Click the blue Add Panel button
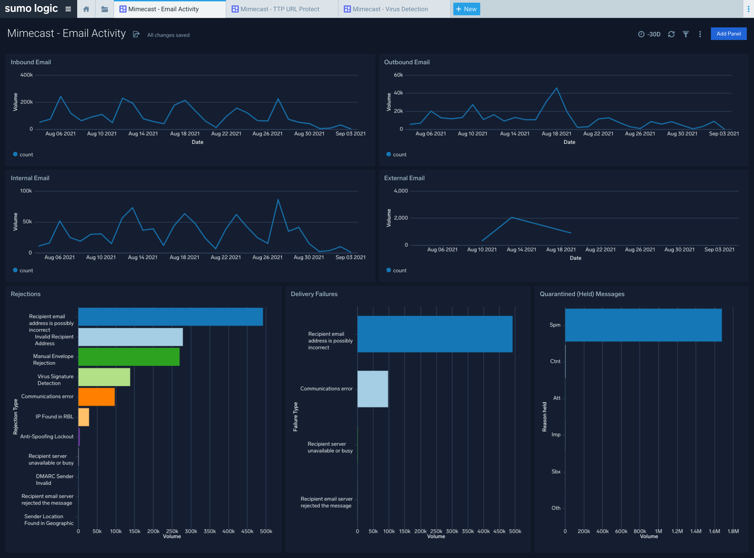tap(728, 34)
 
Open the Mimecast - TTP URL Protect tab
tap(280, 9)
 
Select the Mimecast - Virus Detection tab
tap(390, 9)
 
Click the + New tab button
tap(467, 9)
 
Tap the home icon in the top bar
tap(86, 9)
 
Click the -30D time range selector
tap(649, 34)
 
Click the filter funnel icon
tap(686, 34)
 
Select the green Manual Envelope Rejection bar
tap(129, 357)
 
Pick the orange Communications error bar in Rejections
tap(96, 396)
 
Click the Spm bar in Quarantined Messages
tap(643, 325)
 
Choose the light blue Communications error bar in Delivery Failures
tap(373, 389)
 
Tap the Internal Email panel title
tap(30, 178)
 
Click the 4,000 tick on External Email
tap(401, 191)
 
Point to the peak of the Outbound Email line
tap(556, 88)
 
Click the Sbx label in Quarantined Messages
tap(556, 472)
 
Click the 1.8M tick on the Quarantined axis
tap(733, 531)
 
